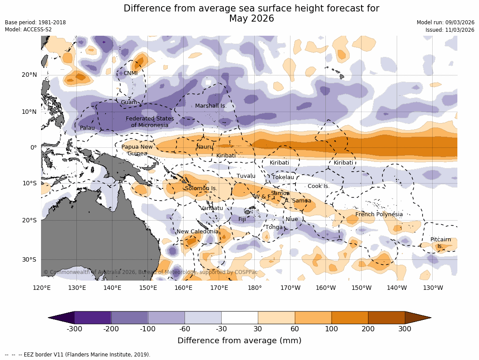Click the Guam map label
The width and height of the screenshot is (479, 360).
pyautogui.click(x=129, y=102)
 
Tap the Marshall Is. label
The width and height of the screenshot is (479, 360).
pyautogui.click(x=211, y=106)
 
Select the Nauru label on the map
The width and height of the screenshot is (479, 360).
pyautogui.click(x=204, y=146)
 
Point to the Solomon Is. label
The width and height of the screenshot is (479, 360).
pyautogui.click(x=201, y=188)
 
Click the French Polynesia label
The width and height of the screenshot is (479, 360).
pyautogui.click(x=379, y=214)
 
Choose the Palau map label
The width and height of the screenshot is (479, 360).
pyautogui.click(x=87, y=128)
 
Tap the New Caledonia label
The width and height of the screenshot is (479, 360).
pyautogui.click(x=197, y=232)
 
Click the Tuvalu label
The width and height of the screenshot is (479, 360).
pyautogui.click(x=246, y=176)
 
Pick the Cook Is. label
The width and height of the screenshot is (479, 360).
pyautogui.click(x=318, y=186)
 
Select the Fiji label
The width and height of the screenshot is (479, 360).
pyautogui.click(x=242, y=219)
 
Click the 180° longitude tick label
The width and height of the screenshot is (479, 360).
pyautogui.click(x=255, y=288)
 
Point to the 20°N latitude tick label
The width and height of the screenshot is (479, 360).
pyautogui.click(x=29, y=75)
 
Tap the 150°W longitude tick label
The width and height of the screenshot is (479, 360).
pyautogui.click(x=362, y=288)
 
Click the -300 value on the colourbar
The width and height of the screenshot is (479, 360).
pyautogui.click(x=74, y=329)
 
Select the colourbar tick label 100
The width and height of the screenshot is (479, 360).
pyautogui.click(x=332, y=329)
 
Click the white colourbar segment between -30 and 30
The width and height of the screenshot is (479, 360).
pyautogui.click(x=239, y=317)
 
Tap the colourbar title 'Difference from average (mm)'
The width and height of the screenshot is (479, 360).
pyautogui.click(x=239, y=341)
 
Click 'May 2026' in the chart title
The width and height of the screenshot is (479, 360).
pyautogui.click(x=251, y=19)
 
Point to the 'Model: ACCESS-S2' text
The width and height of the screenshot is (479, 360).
pyautogui.click(x=28, y=30)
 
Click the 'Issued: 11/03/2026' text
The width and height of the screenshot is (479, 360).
pyautogui.click(x=449, y=30)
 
